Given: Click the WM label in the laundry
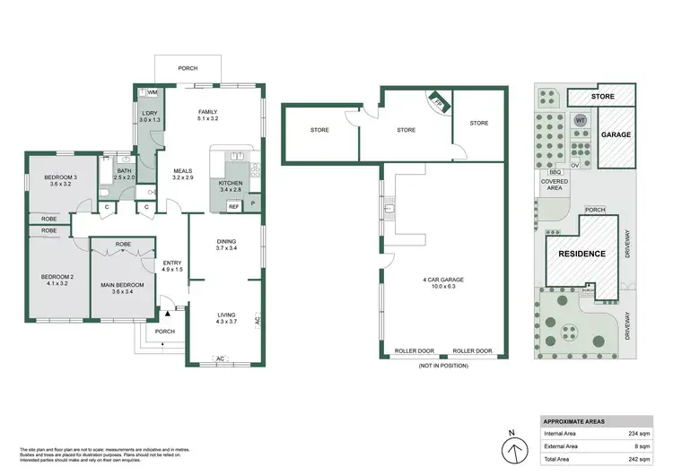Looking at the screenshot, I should click(x=153, y=91).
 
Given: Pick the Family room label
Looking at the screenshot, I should click(x=208, y=112).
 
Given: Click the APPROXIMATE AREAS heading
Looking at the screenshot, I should click(x=576, y=421).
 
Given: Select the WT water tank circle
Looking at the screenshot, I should click(x=579, y=119).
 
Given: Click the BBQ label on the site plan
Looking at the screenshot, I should click(x=555, y=170).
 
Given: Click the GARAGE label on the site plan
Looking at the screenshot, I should click(x=616, y=134).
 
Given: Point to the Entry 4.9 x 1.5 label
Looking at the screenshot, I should click(x=172, y=266).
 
